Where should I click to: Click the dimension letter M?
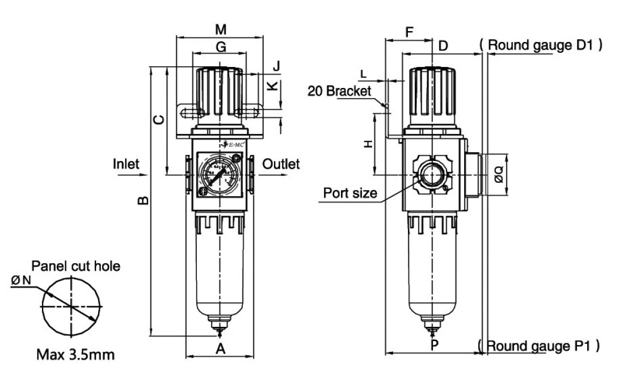(221, 29)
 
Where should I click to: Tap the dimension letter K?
(273, 86)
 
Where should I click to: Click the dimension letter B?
(144, 200)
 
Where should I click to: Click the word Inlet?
(126, 164)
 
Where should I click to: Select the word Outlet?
(281, 164)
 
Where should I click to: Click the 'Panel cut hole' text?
(75, 266)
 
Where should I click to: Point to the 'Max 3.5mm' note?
(75, 355)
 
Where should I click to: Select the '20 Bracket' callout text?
(339, 91)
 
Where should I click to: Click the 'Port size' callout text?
(350, 193)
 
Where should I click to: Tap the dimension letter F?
(409, 32)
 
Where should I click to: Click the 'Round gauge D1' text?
(540, 45)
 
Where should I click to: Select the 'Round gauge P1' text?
(538, 345)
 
